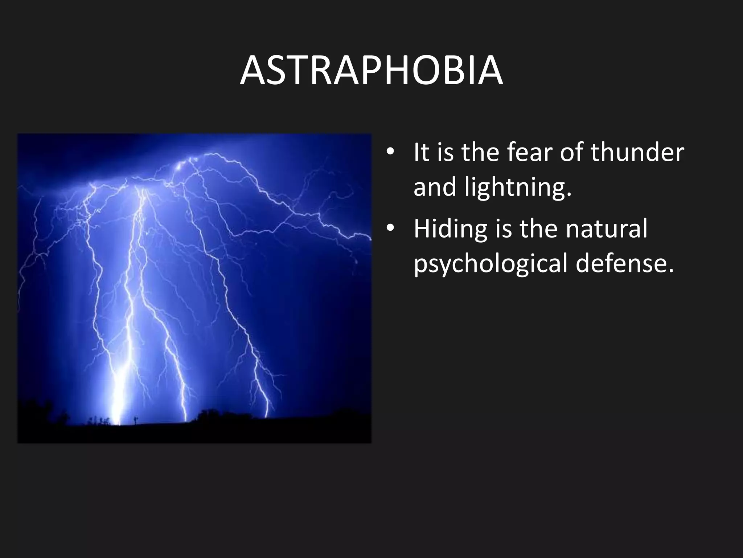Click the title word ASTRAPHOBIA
click(371, 71)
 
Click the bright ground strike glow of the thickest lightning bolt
click(118, 407)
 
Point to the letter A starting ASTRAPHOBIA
click(254, 71)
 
